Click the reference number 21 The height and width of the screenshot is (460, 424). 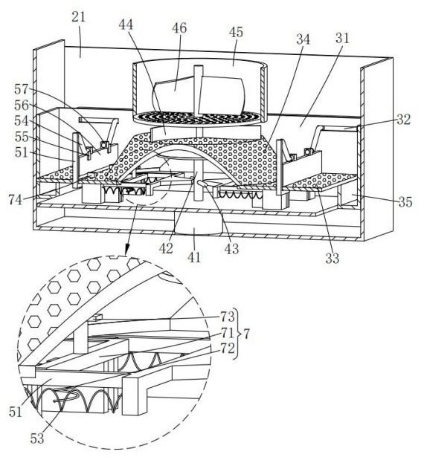(78, 18)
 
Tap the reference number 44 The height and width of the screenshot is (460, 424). (126, 25)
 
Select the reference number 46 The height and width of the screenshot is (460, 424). (179, 28)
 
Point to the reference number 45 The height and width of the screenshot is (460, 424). (236, 32)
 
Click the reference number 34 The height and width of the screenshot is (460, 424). (303, 39)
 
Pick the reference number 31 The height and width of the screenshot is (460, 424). (342, 39)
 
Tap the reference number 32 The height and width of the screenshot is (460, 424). (403, 120)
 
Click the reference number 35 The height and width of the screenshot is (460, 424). (405, 202)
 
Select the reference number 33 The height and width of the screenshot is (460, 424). (332, 259)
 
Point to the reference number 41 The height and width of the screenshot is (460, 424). (194, 257)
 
